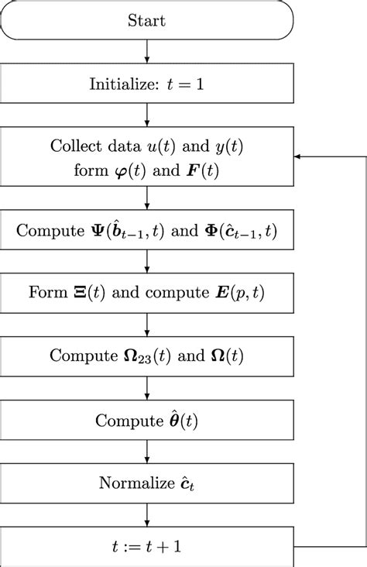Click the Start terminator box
pyautogui.click(x=147, y=20)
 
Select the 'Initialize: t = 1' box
pyautogui.click(x=147, y=84)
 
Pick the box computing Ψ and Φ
pyautogui.click(x=147, y=230)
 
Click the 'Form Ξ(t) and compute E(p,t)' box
pyautogui.click(x=147, y=294)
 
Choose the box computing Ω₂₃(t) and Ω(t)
pyautogui.click(x=147, y=356)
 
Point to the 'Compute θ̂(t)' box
pyautogui.click(x=147, y=420)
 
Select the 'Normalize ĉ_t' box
pyautogui.click(x=147, y=483)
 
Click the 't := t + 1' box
pyautogui.click(x=147, y=546)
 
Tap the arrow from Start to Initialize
pyautogui.click(x=147, y=52)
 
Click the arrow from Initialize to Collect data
pyautogui.click(x=147, y=115)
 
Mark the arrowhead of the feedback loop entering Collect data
pyautogui.click(x=299, y=157)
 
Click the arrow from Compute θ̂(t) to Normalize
pyautogui.click(x=147, y=452)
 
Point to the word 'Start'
pyautogui.click(x=147, y=20)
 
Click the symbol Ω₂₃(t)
pyautogui.click(x=135, y=357)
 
